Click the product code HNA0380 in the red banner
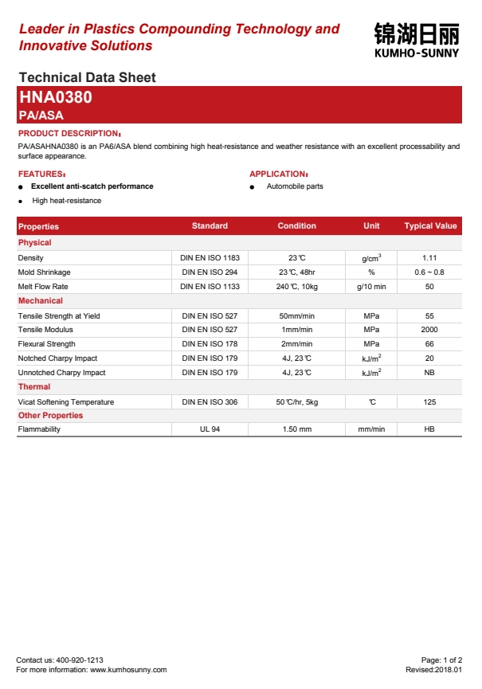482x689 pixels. pyautogui.click(x=55, y=99)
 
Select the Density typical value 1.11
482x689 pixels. pyautogui.click(x=429, y=258)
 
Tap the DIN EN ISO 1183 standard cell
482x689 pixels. pyautogui.click(x=210, y=258)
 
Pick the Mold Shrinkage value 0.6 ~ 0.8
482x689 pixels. pyautogui.click(x=429, y=272)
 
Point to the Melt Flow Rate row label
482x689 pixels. pyautogui.click(x=43, y=287)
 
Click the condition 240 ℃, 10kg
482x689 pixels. pyautogui.click(x=296, y=287)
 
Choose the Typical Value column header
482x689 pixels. pyautogui.click(x=430, y=226)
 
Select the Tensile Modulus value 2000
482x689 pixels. pyautogui.click(x=429, y=330)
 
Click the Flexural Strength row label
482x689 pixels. pyautogui.click(x=46, y=344)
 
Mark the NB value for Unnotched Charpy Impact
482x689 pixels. pyautogui.click(x=429, y=373)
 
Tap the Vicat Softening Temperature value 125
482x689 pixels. pyautogui.click(x=429, y=402)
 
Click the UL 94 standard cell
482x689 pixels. pyautogui.click(x=210, y=429)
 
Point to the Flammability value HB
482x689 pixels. pyautogui.click(x=429, y=429)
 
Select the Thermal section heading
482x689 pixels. pyautogui.click(x=34, y=387)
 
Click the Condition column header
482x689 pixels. pyautogui.click(x=296, y=226)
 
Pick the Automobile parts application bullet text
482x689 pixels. pyautogui.click(x=295, y=186)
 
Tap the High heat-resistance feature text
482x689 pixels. pyautogui.click(x=67, y=201)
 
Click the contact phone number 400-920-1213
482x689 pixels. pyautogui.click(x=80, y=660)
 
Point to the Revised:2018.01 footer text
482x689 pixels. pyautogui.click(x=433, y=670)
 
